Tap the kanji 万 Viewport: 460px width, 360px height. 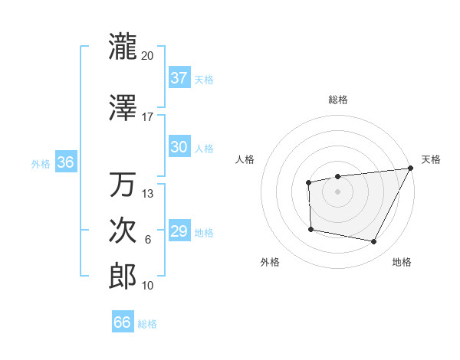123,185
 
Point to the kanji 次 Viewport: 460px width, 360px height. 123,231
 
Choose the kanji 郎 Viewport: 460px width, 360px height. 123,277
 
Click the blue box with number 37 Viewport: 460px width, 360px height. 179,78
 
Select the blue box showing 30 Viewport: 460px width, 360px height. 179,147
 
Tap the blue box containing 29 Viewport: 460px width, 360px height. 179,231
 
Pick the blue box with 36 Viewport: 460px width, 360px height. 65,163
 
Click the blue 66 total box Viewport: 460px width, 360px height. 123,322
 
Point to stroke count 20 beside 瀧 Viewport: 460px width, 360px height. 148,56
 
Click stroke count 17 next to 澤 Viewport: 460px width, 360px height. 148,117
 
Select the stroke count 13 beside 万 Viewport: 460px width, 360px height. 148,194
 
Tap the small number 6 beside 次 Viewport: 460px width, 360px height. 148,240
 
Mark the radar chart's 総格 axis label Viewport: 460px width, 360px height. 337,100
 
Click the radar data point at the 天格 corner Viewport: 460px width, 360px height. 411,169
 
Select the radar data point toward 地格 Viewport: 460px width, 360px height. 374,242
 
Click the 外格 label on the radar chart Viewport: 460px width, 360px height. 270,263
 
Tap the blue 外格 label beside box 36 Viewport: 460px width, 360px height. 40,164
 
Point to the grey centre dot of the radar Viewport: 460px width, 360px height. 337,191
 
